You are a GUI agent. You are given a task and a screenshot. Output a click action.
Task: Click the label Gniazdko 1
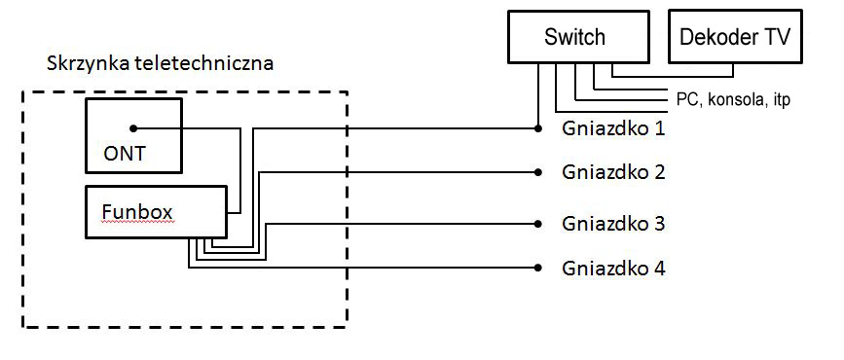[x=613, y=127]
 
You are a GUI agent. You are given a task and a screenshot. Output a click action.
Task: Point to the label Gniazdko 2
[x=613, y=172]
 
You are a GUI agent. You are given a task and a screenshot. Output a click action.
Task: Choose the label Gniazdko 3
[x=613, y=223]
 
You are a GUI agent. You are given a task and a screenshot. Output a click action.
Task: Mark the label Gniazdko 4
[x=613, y=268]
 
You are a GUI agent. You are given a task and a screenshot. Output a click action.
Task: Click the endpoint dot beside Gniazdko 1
[x=537, y=127]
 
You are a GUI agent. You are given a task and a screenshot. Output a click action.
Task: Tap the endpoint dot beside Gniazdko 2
[x=537, y=172]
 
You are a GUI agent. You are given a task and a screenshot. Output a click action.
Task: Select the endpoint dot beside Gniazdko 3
[x=537, y=223]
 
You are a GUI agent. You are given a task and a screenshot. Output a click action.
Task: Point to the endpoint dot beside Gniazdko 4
[x=537, y=268]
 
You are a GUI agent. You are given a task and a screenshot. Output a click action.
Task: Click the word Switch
[x=574, y=38]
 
